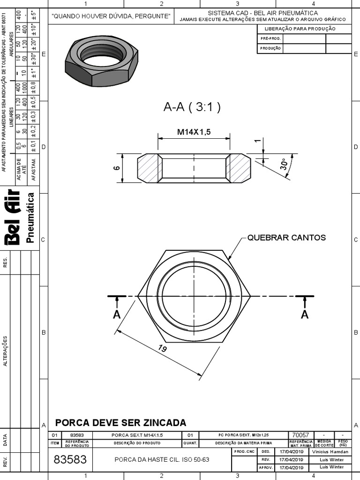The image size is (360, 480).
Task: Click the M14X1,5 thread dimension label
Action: pos(194,132)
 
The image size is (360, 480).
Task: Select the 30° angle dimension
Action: pos(284,164)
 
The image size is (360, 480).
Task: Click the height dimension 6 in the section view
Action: pos(117,168)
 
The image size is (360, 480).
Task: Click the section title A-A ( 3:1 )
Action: pos(192,107)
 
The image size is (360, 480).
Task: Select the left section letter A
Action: pos(117,315)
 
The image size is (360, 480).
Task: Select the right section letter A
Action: pos(305,315)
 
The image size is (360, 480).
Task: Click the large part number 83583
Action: pos(70,460)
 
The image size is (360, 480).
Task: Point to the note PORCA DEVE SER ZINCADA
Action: pos(120,422)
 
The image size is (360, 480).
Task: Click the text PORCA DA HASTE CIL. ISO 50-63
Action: pos(162,460)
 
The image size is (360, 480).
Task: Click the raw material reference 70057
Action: pos(300,435)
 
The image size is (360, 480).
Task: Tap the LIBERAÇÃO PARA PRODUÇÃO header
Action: pos(304,29)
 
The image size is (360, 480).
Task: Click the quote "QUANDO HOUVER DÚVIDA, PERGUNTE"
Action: pos(111,16)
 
